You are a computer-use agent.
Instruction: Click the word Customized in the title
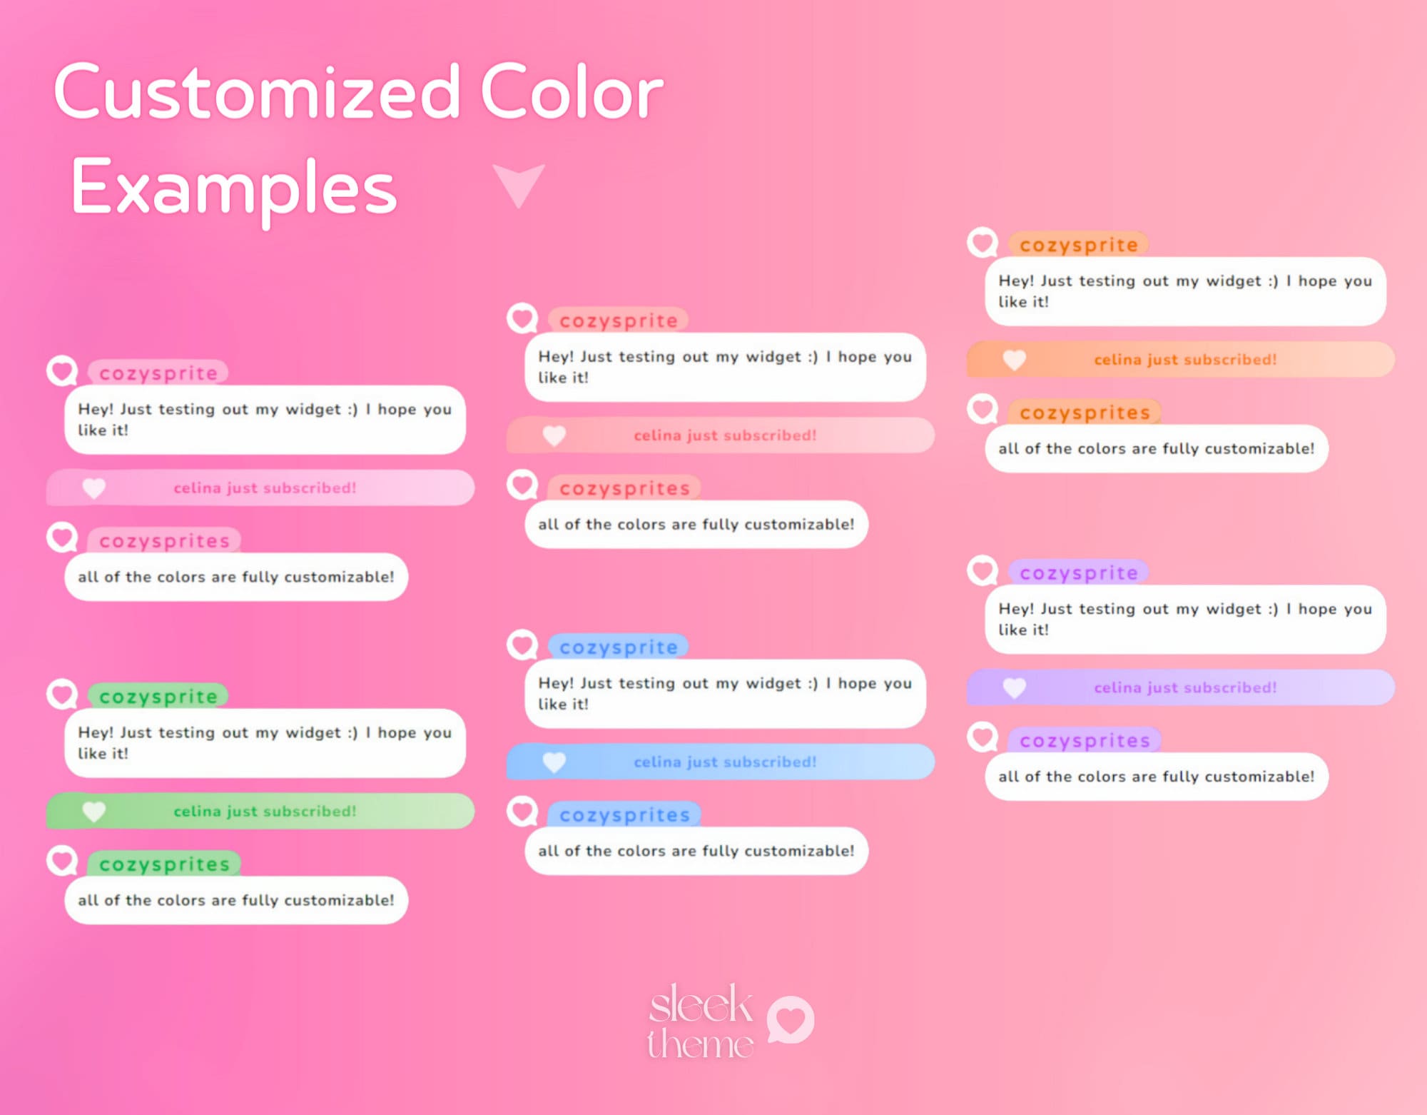(x=257, y=93)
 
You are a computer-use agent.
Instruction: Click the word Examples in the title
(x=233, y=187)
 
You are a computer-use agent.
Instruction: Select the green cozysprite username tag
(x=158, y=696)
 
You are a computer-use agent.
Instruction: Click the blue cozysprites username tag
(x=624, y=814)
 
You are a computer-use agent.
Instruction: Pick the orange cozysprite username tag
(x=1078, y=245)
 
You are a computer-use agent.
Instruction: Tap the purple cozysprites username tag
(x=1085, y=740)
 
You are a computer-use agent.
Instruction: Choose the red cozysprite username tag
(x=618, y=321)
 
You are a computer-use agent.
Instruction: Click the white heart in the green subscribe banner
(x=94, y=811)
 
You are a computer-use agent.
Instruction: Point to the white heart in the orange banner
(x=1014, y=359)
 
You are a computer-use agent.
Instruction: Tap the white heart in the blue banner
(x=554, y=762)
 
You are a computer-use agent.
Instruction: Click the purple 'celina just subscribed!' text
(x=1185, y=687)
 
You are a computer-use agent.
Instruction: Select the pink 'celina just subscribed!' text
(x=265, y=488)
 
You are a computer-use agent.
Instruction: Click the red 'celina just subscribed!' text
(x=725, y=435)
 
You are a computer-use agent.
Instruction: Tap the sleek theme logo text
(x=700, y=1021)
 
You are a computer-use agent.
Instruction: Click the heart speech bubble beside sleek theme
(x=791, y=1019)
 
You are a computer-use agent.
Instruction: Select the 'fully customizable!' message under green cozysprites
(x=236, y=900)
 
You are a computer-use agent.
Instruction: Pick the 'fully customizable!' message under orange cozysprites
(x=1156, y=448)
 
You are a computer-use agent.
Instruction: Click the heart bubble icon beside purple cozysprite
(x=982, y=570)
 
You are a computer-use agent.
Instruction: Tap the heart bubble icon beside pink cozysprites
(x=62, y=537)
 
